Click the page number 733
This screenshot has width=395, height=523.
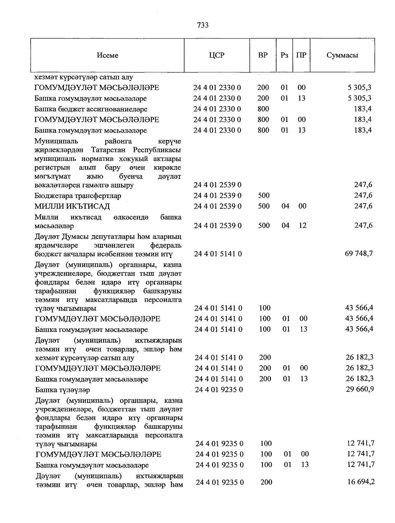[203, 25]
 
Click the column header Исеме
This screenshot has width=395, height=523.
[108, 55]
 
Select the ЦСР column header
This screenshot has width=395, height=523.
[217, 55]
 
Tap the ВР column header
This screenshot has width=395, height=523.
[263, 55]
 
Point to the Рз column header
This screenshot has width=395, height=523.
[284, 55]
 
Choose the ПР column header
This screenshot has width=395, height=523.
[301, 55]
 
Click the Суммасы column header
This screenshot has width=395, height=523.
[342, 55]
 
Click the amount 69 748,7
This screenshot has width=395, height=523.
[359, 254]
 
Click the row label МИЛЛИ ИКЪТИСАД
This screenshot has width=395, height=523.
[72, 206]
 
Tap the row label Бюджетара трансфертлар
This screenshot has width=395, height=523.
[78, 196]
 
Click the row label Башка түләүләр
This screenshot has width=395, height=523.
[63, 390]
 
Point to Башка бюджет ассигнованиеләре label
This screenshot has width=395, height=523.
[91, 109]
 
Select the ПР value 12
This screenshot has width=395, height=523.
[302, 226]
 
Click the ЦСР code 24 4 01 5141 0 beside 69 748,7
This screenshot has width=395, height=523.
[218, 254]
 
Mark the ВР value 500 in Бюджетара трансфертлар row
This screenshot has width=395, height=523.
[263, 196]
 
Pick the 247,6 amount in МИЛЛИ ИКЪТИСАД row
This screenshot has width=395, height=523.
[363, 206]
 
